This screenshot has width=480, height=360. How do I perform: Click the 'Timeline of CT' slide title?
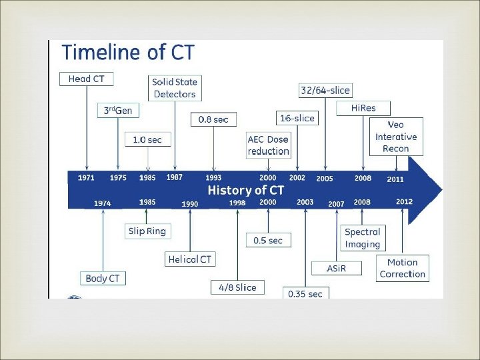pyautogui.click(x=128, y=53)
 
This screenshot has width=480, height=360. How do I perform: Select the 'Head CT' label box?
pyautogui.click(x=87, y=79)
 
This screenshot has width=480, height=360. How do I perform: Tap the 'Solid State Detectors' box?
pyautogui.click(x=175, y=88)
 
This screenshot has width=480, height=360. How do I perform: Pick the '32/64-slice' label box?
pyautogui.click(x=325, y=90)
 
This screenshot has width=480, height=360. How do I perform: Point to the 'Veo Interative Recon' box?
pyautogui.click(x=396, y=137)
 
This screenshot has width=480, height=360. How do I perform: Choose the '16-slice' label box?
pyautogui.click(x=297, y=118)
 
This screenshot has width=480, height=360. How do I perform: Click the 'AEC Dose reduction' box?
pyautogui.click(x=268, y=145)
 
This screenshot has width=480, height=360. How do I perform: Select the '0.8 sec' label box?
pyautogui.click(x=213, y=119)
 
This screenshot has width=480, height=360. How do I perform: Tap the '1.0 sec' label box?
pyautogui.click(x=147, y=140)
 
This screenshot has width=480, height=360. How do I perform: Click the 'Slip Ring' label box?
pyautogui.click(x=147, y=231)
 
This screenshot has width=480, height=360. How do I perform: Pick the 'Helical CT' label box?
pyautogui.click(x=191, y=259)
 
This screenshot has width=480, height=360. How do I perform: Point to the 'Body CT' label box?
pyautogui.click(x=103, y=278)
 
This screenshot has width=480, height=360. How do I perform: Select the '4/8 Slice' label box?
pyautogui.click(x=237, y=287)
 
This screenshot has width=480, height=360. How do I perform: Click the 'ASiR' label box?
pyautogui.click(x=337, y=268)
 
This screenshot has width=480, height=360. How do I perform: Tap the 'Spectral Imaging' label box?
pyautogui.click(x=362, y=238)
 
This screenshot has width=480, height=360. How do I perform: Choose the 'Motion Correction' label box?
pyautogui.click(x=402, y=268)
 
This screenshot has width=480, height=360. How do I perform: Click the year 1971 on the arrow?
pyautogui.click(x=86, y=178)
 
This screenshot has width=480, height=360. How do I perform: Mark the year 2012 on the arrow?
pyautogui.click(x=404, y=202)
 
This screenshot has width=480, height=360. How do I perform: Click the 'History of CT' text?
pyautogui.click(x=245, y=190)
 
